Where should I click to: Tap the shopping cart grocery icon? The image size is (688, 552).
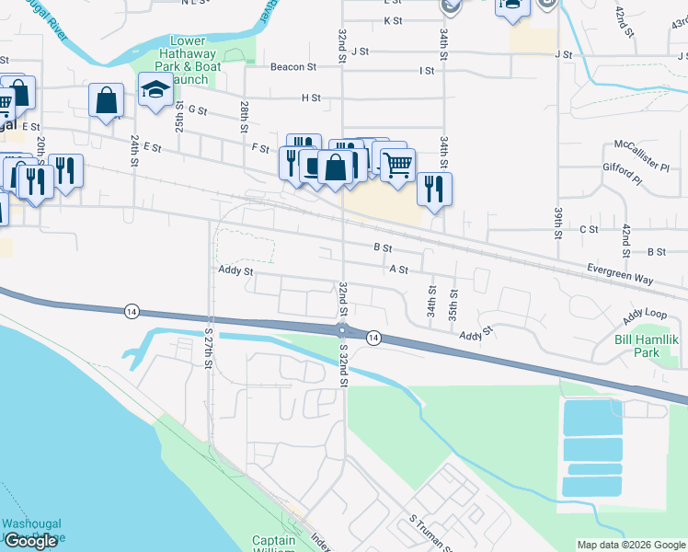click(397, 167)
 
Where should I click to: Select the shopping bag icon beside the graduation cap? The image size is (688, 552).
click(107, 100)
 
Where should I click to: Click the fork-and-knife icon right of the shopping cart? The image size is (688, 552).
click(434, 189)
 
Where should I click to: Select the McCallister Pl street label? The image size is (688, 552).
click(641, 155)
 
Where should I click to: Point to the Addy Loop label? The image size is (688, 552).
click(644, 316)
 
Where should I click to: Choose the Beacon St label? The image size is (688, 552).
click(292, 67)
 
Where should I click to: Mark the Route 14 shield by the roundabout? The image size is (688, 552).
click(373, 338)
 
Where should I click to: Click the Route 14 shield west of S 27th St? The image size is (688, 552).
click(132, 311)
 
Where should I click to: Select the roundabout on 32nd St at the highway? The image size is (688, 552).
click(342, 330)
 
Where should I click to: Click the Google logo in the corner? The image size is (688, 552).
click(30, 540)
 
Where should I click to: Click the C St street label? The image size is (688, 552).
click(589, 228)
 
